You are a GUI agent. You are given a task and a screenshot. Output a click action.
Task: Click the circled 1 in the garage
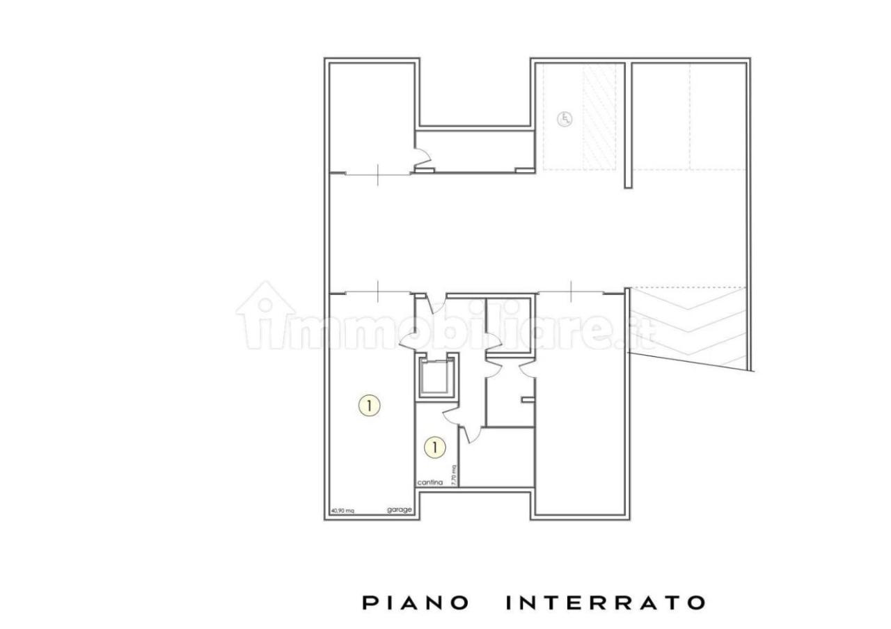click(370, 405)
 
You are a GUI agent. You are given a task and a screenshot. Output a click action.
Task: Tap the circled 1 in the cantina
click(434, 447)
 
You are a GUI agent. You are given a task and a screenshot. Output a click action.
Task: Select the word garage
click(400, 510)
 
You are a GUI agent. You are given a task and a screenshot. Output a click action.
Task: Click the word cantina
click(429, 482)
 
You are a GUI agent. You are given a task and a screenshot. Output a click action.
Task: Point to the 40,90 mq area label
click(342, 511)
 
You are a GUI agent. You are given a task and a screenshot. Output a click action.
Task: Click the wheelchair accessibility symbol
click(565, 119)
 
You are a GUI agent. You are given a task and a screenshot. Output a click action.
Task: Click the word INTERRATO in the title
click(604, 603)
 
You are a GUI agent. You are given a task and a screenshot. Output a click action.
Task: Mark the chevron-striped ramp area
click(689, 327)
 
